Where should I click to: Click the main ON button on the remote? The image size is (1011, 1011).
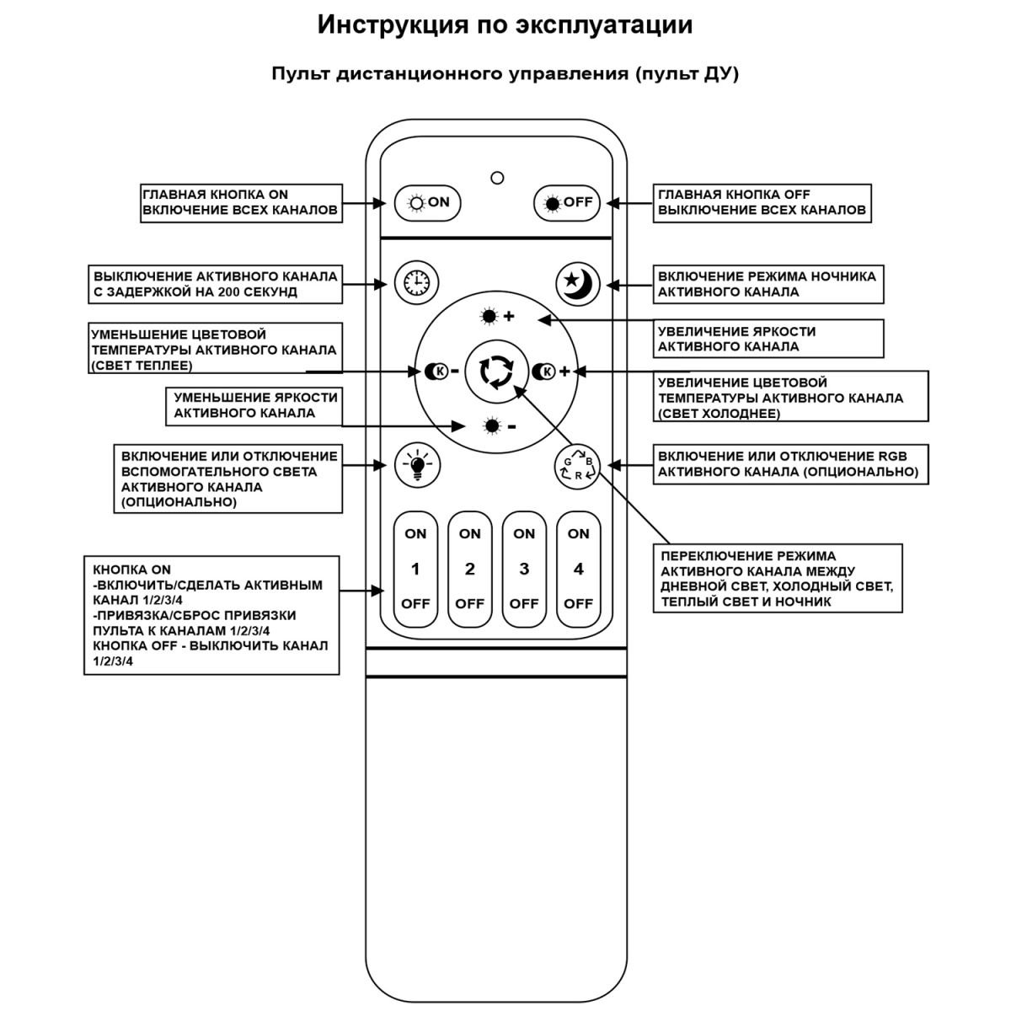point(427,202)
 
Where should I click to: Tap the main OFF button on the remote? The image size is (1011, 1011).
point(567,202)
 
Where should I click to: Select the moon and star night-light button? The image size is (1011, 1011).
point(578,282)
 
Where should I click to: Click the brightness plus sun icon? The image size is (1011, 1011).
point(497,317)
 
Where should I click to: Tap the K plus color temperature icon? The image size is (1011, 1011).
point(551,371)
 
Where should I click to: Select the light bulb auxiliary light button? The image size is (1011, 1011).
point(416,464)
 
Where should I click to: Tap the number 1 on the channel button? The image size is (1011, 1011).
point(415,570)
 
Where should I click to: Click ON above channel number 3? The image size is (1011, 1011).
point(524,533)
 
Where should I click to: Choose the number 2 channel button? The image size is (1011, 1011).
point(469,570)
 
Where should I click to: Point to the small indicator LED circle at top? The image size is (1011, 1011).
point(497,178)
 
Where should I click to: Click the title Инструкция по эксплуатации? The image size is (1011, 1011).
point(505,25)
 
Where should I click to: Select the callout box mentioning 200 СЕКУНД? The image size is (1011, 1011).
point(216,284)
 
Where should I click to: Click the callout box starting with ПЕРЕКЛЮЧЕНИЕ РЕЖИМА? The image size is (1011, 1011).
point(778,579)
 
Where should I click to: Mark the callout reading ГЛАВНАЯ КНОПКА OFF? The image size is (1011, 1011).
point(762,202)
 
